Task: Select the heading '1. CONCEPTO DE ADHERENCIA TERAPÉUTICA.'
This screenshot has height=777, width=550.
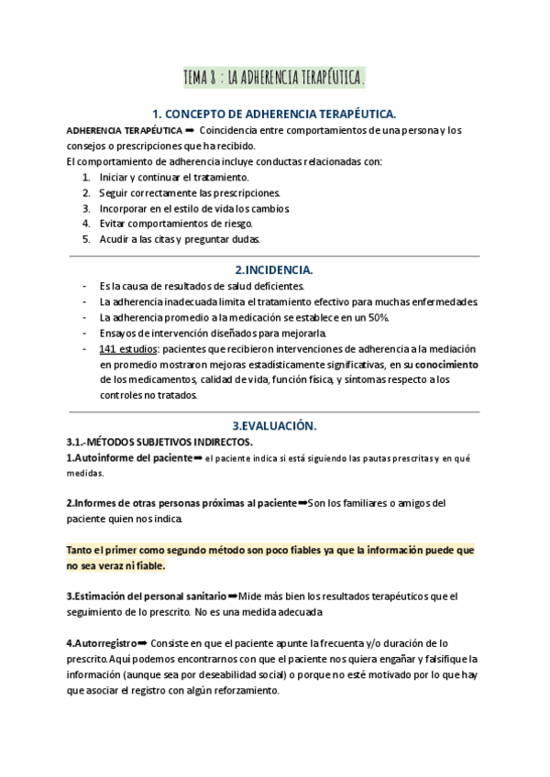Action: click(274, 115)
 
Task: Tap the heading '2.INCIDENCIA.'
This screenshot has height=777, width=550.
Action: click(274, 270)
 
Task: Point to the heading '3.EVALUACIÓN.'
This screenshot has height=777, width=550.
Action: click(274, 426)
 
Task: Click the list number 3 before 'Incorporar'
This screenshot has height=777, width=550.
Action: click(86, 208)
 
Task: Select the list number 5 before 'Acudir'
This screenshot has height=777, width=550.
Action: click(86, 239)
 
